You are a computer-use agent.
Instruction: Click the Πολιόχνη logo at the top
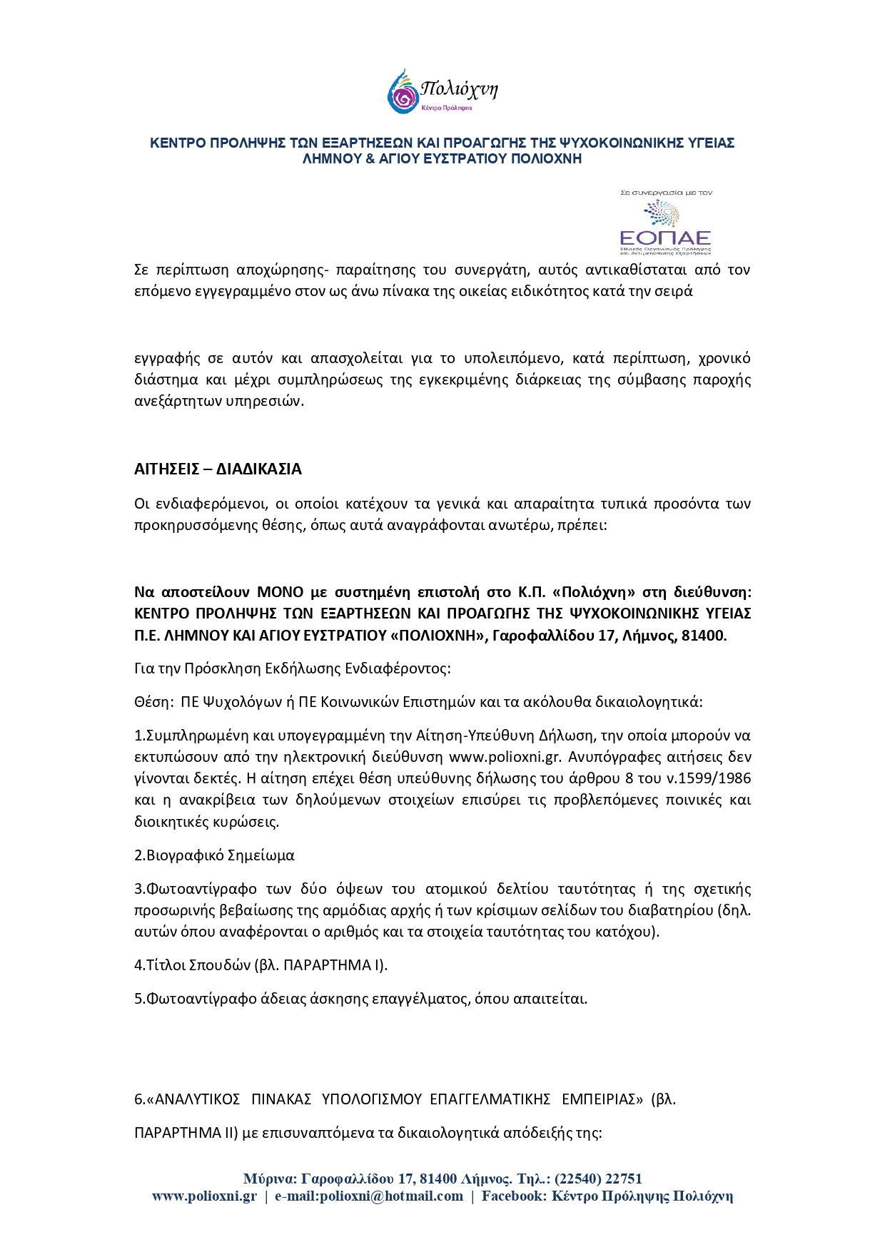442,91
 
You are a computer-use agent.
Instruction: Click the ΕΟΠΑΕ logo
665,228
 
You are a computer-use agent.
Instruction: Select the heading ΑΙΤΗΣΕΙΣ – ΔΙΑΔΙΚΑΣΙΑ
218,469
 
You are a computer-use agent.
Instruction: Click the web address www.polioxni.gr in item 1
505,757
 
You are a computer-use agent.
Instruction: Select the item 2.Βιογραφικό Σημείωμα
214,855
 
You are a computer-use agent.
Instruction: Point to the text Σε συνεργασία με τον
666,193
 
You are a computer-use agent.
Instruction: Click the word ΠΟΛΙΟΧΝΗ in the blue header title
545,158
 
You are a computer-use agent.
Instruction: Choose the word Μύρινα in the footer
268,1179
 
